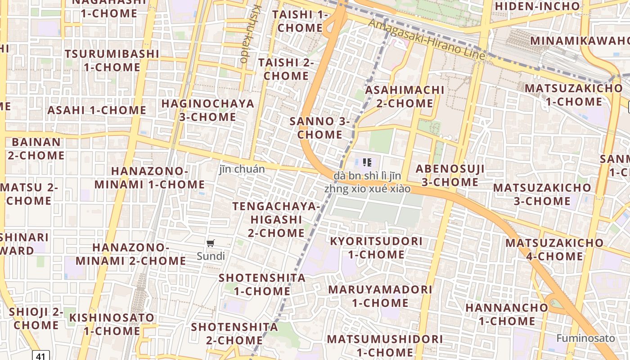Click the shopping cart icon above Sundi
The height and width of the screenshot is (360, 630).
(210, 243)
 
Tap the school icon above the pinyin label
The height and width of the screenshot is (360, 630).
(367, 162)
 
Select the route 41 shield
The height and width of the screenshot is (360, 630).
(40, 356)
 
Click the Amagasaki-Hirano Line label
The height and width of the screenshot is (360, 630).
(427, 40)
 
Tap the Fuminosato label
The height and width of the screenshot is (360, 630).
(585, 338)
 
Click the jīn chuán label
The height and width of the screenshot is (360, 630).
(242, 169)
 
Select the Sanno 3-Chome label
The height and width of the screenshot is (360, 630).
(319, 128)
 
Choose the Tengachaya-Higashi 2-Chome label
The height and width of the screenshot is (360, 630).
(276, 220)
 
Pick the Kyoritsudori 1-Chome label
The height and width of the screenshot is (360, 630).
(376, 247)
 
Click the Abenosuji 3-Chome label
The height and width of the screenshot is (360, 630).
(450, 175)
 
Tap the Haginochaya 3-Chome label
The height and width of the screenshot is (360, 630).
(207, 110)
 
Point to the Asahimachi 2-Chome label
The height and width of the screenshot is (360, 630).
(405, 96)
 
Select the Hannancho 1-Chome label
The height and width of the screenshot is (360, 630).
(507, 314)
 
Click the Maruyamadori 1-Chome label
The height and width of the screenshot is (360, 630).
(380, 296)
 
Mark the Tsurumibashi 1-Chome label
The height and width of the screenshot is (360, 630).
(112, 60)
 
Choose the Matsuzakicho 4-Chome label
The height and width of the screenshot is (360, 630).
(554, 249)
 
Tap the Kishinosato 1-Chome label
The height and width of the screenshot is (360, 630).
(112, 324)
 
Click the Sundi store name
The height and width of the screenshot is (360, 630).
(211, 256)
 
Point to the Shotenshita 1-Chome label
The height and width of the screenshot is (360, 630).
(262, 284)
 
